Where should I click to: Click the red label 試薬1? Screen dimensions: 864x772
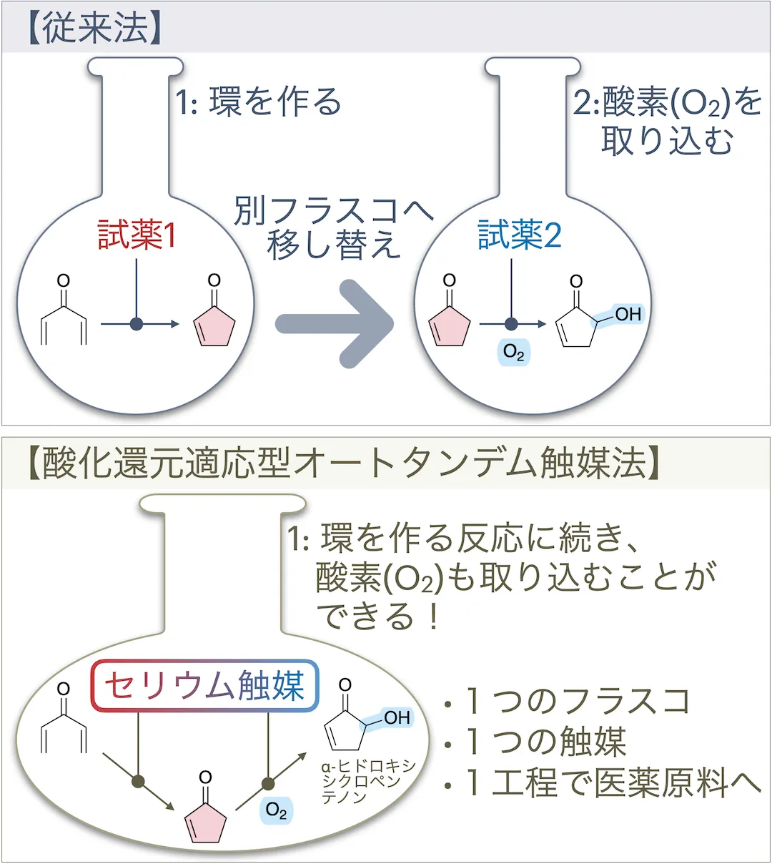(137, 236)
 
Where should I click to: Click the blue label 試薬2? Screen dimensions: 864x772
(520, 236)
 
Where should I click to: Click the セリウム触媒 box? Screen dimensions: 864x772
(204, 685)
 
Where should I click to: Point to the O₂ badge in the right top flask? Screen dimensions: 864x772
(514, 352)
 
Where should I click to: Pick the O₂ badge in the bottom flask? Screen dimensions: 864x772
(277, 810)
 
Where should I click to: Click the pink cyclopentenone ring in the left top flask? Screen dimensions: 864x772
(214, 328)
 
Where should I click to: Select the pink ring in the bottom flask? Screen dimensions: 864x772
(206, 824)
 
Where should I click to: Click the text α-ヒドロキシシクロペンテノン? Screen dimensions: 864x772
(367, 781)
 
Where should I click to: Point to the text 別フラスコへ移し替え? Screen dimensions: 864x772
(335, 227)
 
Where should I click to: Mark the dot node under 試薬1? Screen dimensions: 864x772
(137, 325)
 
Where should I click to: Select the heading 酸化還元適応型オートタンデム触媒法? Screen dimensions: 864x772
(344, 463)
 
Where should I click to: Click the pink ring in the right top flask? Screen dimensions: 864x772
(449, 328)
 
